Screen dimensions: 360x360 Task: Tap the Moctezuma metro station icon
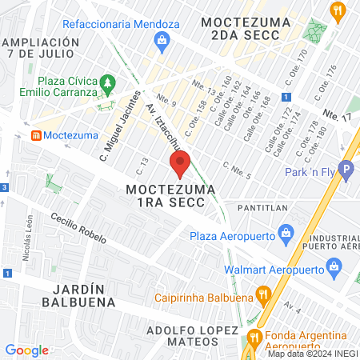(36, 135)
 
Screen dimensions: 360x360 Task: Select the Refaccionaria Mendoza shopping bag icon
(162, 41)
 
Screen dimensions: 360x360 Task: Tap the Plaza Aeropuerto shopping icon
(286, 235)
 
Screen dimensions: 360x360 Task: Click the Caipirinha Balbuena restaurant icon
(260, 294)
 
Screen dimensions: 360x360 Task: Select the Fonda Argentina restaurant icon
(254, 337)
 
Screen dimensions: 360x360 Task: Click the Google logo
(26, 350)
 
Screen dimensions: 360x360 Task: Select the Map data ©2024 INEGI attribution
(312, 354)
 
